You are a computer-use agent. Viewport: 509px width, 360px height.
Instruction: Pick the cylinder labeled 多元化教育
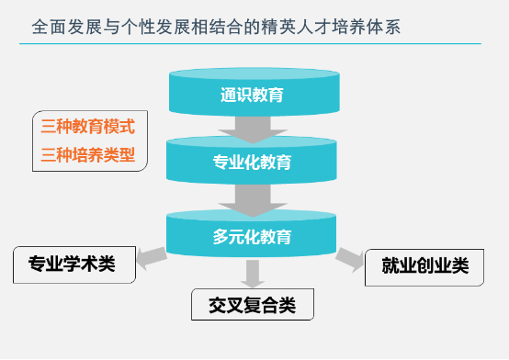pyautogui.click(x=252, y=235)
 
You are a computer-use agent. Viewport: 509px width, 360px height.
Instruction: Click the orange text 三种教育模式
pyautogui.click(x=88, y=127)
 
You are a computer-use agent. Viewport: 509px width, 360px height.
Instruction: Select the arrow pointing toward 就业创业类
pyautogui.click(x=348, y=260)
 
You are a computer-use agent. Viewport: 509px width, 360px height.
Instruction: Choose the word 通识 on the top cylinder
pyautogui.click(x=235, y=94)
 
